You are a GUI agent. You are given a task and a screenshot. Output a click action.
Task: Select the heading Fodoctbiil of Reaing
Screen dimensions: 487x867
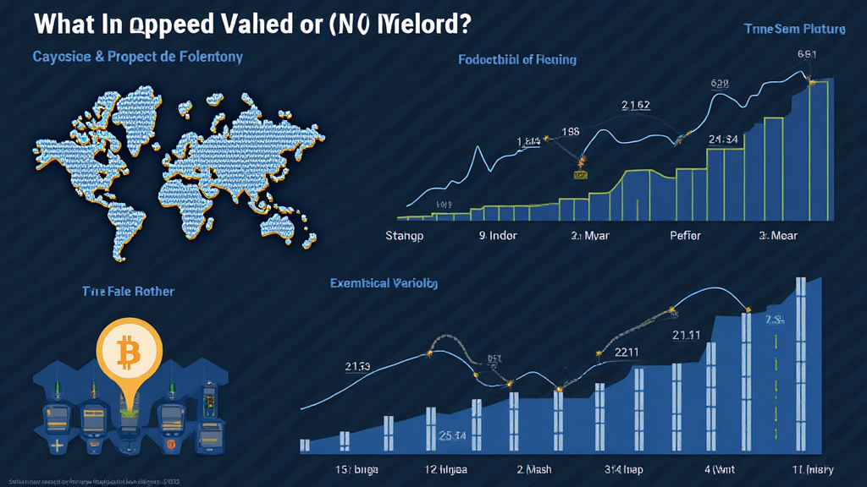point(517,59)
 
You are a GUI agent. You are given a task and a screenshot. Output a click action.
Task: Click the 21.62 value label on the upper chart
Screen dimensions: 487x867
point(635,106)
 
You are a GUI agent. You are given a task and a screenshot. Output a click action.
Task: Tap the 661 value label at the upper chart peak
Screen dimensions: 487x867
point(807,54)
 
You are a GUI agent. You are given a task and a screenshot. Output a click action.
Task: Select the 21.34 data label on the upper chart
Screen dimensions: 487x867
point(724,139)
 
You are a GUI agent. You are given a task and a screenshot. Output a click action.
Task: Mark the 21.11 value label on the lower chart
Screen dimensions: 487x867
point(687,336)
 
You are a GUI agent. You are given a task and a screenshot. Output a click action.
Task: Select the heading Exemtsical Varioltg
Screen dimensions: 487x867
point(384,284)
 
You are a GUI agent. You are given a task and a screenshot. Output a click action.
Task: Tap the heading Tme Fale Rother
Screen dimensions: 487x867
point(128,291)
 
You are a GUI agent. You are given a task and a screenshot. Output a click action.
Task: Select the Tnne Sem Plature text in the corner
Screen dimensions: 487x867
point(794,29)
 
